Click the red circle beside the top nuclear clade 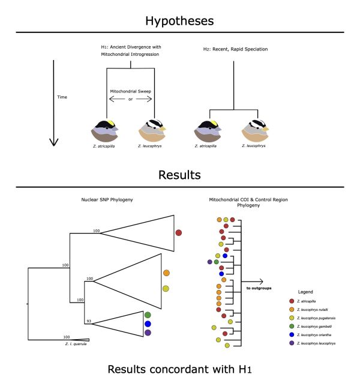178,232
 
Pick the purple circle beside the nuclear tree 148,333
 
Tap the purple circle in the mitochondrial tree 209,262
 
